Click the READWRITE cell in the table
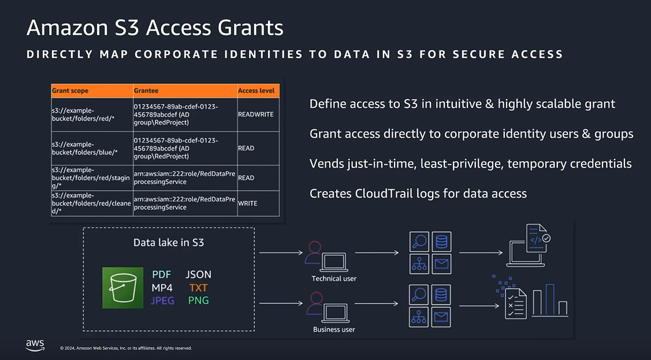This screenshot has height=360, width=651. coord(256,114)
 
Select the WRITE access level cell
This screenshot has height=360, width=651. coord(248,203)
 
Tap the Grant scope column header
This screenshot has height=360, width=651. coord(70,91)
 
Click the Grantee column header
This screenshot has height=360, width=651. coord(146,91)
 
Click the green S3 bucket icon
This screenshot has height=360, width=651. coord(123,288)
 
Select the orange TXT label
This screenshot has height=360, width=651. coord(198,288)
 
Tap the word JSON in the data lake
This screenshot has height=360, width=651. coord(198,274)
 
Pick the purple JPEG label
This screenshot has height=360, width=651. coord(162,300)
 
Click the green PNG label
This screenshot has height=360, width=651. coord(198,300)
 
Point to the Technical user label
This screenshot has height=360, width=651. coord(334,279)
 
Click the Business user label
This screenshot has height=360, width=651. coord(334,329)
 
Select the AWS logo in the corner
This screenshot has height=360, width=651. coord(35,345)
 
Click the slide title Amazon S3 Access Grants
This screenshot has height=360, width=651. coord(155,28)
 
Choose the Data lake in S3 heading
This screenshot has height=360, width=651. coord(169,243)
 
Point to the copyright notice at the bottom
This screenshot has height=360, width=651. coord(126,348)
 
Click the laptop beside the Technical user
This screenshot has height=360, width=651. coord(334,261)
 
